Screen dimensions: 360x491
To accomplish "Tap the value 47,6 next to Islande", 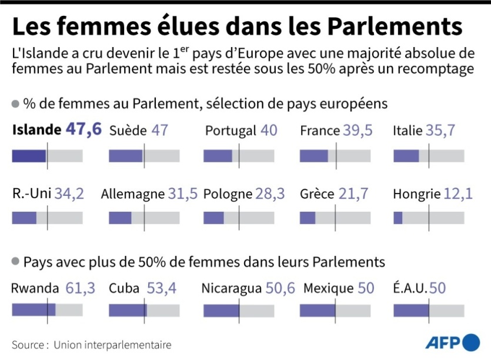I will tap(83, 130).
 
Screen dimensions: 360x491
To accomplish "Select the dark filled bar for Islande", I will tap(29, 156).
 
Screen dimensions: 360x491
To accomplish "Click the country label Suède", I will tap(128, 131).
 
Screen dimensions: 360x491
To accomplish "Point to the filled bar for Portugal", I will tap(218, 156).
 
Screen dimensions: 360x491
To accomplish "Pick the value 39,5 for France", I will tap(358, 131).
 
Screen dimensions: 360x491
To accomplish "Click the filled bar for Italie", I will tap(406, 156).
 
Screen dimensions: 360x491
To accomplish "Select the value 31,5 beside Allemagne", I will tap(182, 194).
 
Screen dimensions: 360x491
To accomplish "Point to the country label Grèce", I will tap(317, 194).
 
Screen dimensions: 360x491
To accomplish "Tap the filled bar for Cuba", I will tap(128, 310).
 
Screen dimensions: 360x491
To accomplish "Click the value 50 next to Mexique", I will tap(366, 288).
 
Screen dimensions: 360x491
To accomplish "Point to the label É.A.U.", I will tap(410, 288).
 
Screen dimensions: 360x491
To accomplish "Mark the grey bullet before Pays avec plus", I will tap(15, 261).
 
